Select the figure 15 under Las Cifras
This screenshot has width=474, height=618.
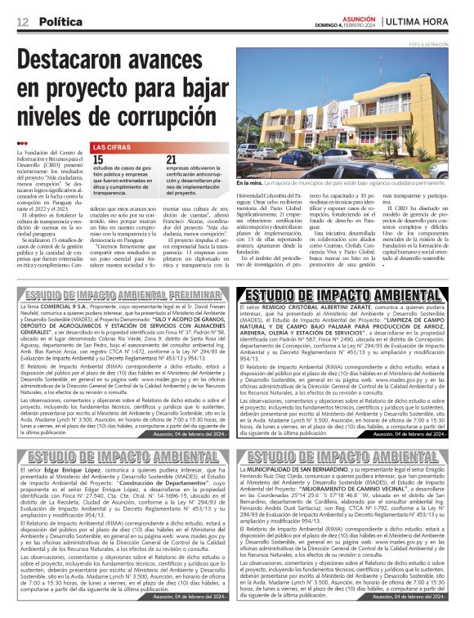[98, 160]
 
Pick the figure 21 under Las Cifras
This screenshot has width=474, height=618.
[171, 160]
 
